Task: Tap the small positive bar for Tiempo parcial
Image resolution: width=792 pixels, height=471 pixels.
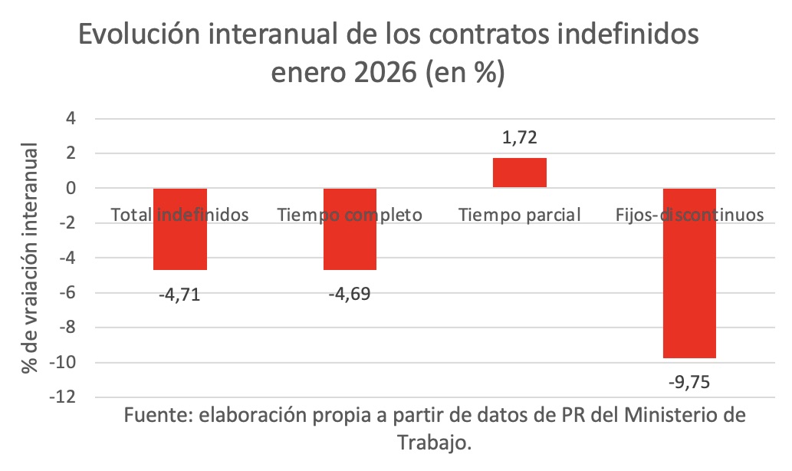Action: [519, 173]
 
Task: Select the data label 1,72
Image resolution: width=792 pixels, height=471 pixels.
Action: [519, 138]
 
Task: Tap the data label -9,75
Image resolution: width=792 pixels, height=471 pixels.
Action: [689, 381]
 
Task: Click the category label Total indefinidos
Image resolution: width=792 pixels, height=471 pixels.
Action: [180, 215]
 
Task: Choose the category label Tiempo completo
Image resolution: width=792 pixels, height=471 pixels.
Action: [350, 215]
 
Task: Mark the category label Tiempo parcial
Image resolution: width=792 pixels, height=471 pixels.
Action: [519, 215]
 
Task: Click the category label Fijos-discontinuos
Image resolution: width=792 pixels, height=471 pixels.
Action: [689, 215]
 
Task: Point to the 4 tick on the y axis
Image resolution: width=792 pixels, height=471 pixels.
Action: [72, 119]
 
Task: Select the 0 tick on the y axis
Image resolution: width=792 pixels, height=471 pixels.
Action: [72, 189]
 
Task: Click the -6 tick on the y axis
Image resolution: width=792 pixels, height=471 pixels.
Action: [69, 293]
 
